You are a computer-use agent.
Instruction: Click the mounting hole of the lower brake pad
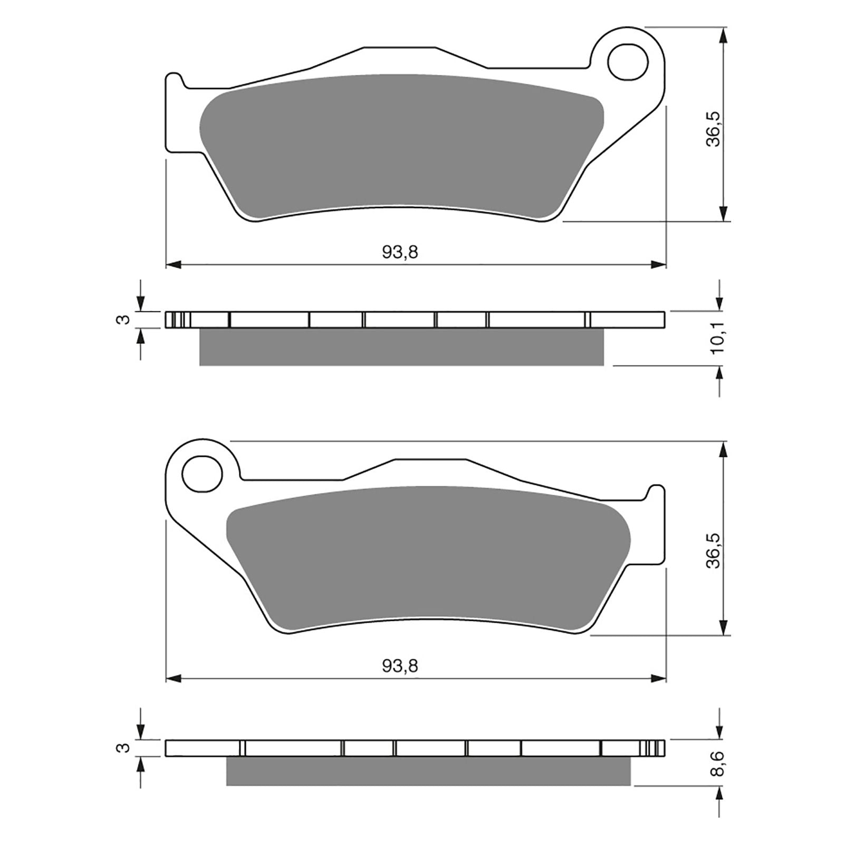pos(202,474)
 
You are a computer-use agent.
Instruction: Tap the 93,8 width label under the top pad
pos(400,253)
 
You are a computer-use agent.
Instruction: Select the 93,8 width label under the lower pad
pos(400,666)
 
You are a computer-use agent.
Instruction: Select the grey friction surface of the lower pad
pos(427,557)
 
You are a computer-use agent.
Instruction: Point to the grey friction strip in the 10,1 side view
pos(401,347)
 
